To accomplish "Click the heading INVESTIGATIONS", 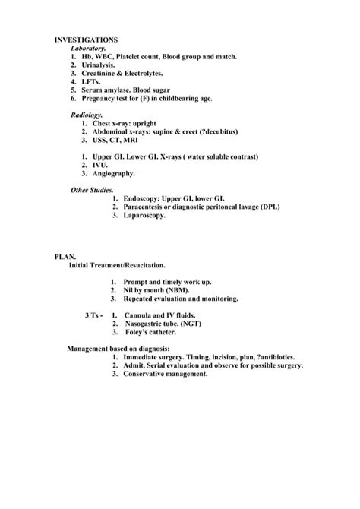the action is tap(86, 40).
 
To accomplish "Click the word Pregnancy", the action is tap(104, 99).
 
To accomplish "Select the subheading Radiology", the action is tap(87, 115).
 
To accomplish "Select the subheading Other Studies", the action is tap(92, 190).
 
